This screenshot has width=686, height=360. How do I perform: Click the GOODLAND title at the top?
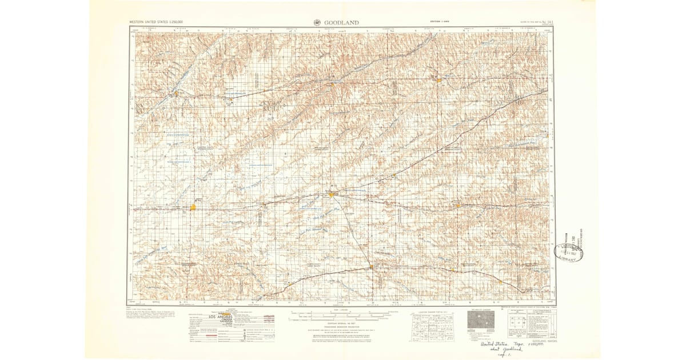point(341,22)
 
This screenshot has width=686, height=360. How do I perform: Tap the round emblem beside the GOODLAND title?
point(317,22)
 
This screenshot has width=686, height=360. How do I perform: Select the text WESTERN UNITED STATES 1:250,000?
point(159,22)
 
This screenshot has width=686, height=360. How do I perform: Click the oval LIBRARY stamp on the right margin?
point(567,253)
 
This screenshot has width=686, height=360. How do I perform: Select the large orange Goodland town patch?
point(194,207)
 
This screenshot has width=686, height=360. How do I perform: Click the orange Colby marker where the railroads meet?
point(332,195)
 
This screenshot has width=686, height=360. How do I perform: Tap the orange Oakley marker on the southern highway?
point(372,266)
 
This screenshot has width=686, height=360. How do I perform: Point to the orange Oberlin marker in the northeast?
point(438,80)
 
